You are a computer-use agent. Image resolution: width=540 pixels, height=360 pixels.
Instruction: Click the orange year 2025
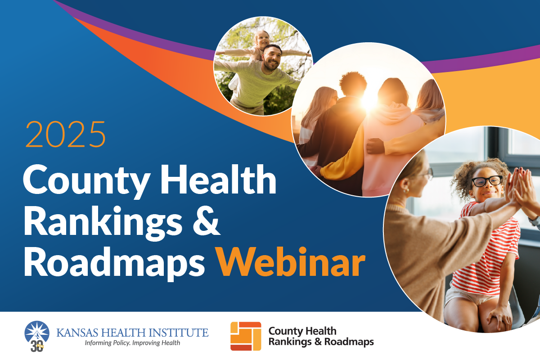pyautogui.click(x=66, y=134)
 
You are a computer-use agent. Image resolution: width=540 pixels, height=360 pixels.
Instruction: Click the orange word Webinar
pyautogui.click(x=291, y=262)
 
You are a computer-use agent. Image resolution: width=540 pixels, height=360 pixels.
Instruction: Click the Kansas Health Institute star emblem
pyautogui.click(x=37, y=333)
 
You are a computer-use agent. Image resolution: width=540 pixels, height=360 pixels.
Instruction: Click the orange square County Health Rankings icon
pyautogui.click(x=246, y=336)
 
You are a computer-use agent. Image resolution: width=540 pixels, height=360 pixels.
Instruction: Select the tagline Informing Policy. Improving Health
pyautogui.click(x=132, y=342)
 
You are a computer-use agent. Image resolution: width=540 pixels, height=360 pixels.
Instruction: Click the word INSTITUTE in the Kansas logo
pyautogui.click(x=178, y=332)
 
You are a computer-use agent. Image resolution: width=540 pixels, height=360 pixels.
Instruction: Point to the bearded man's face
pyautogui.click(x=272, y=58)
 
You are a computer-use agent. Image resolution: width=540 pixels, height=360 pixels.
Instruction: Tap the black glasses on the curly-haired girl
pyautogui.click(x=487, y=181)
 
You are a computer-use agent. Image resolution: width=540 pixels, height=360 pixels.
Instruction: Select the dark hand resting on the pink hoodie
pyautogui.click(x=376, y=146)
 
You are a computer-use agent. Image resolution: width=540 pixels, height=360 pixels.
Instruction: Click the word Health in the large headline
pyautogui.click(x=219, y=179)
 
